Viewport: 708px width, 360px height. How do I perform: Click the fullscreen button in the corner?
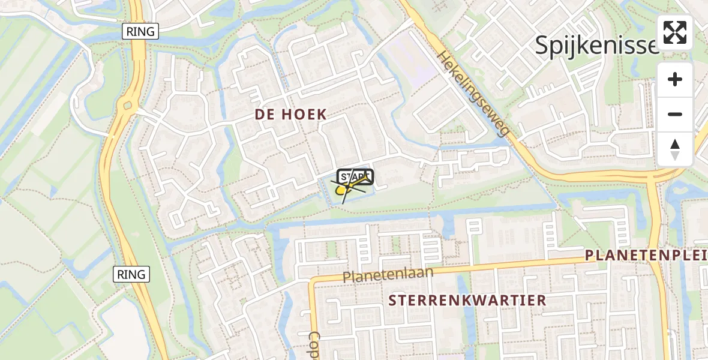coord(675,32)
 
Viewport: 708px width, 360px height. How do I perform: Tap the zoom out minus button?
coord(675,114)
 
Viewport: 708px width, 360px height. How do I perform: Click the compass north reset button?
coord(675,149)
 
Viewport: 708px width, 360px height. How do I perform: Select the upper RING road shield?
coord(140,32)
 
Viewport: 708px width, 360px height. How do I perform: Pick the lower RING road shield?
coord(131,274)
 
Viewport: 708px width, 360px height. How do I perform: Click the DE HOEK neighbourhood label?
coord(290,115)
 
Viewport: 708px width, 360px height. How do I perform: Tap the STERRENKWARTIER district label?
coord(468,300)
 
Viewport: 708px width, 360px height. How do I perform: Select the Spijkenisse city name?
coord(597,45)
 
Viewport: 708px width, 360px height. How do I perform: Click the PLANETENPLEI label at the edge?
coord(646,256)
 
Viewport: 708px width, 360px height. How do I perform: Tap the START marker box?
coord(355,177)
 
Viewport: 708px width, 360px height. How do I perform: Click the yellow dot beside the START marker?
coord(341,190)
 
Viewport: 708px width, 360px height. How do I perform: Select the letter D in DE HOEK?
coord(260,115)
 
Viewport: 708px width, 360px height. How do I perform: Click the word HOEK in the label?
coord(306,115)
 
